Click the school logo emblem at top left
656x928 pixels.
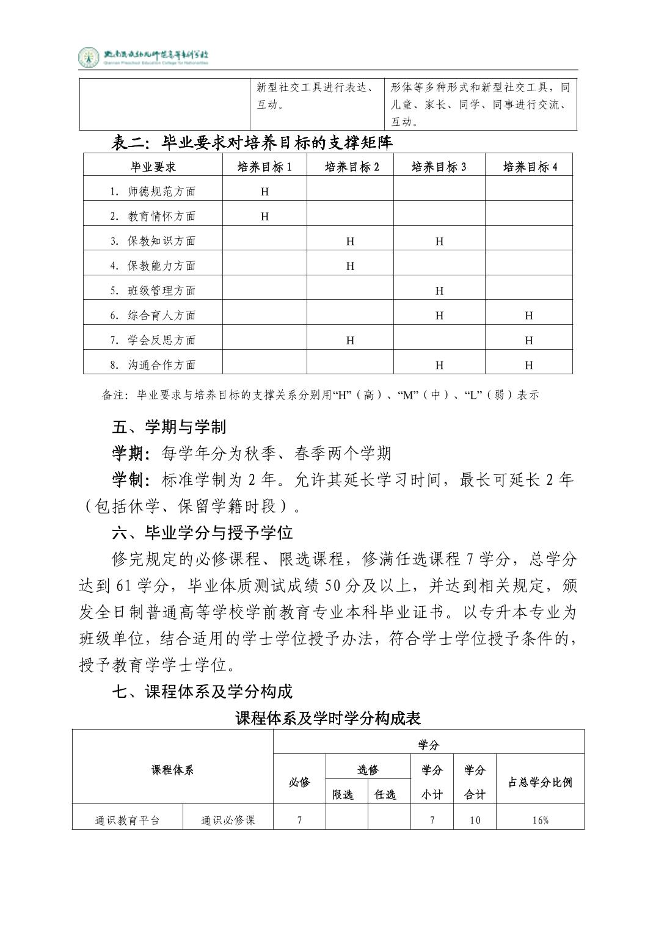click(89, 57)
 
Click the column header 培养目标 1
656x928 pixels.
click(264, 167)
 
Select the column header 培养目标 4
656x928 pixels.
click(530, 167)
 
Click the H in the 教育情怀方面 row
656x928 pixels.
click(264, 216)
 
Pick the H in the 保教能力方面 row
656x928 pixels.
click(350, 266)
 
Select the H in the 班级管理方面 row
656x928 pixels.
click(439, 291)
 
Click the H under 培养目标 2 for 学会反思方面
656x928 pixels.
click(350, 340)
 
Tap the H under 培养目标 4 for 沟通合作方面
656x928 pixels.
click(529, 365)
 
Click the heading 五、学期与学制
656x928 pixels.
click(169, 426)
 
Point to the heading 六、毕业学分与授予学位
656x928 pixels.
click(202, 532)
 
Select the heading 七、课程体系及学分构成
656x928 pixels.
click(202, 691)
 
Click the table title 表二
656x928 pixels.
click(252, 143)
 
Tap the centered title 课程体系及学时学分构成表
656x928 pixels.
click(328, 718)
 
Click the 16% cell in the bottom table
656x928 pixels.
click(540, 820)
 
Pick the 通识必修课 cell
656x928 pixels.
click(228, 820)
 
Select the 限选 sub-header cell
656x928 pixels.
click(343, 794)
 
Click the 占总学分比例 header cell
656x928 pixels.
click(540, 782)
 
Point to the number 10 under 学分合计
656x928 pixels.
click(475, 820)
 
